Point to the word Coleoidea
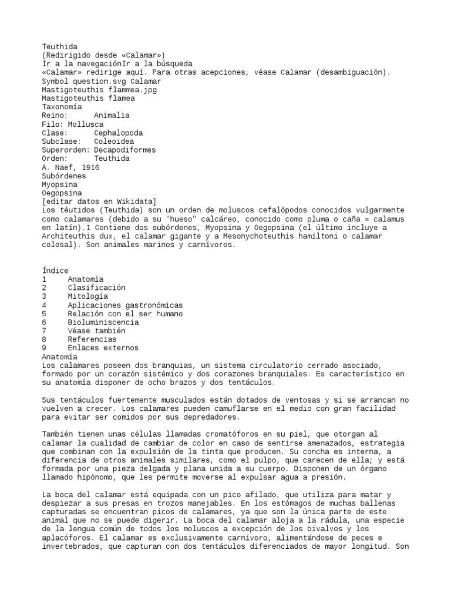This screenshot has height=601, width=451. pyautogui.click(x=114, y=141)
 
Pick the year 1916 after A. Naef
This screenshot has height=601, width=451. pyautogui.click(x=89, y=167)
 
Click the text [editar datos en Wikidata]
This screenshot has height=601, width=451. pyautogui.click(x=99, y=201)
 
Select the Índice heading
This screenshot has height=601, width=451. pyautogui.click(x=55, y=271)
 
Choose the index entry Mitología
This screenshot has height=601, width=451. pyautogui.click(x=88, y=296)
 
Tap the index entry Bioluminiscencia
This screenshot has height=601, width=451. pyautogui.click(x=103, y=322)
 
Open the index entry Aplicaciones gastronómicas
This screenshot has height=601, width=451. pyautogui.click(x=125, y=305)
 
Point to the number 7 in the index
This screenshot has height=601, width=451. pyautogui.click(x=44, y=331)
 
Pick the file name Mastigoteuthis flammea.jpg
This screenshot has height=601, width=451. pyautogui.click(x=99, y=90)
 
